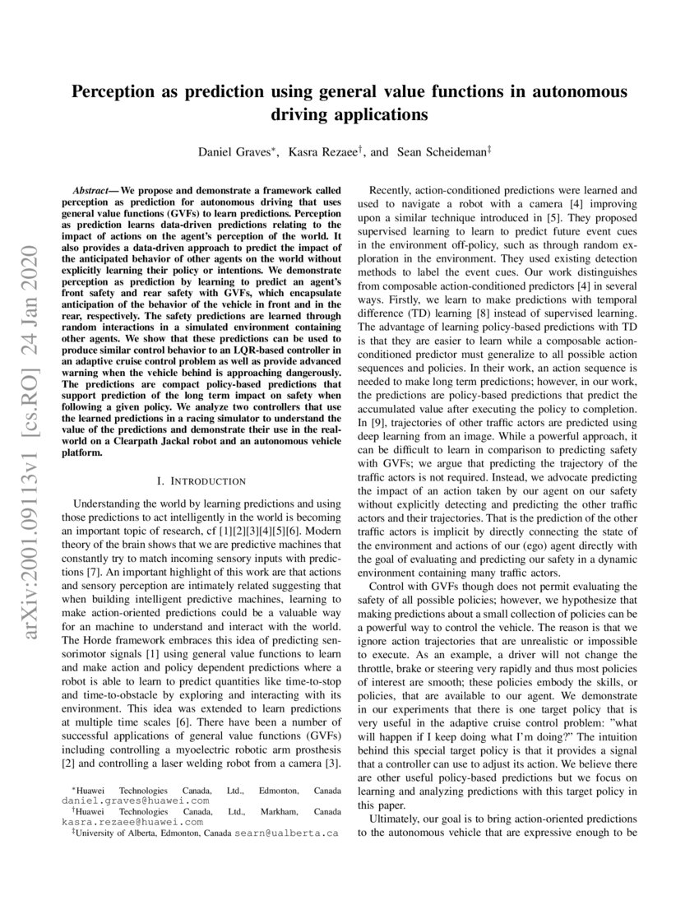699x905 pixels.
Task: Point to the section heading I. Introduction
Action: point(201,480)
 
